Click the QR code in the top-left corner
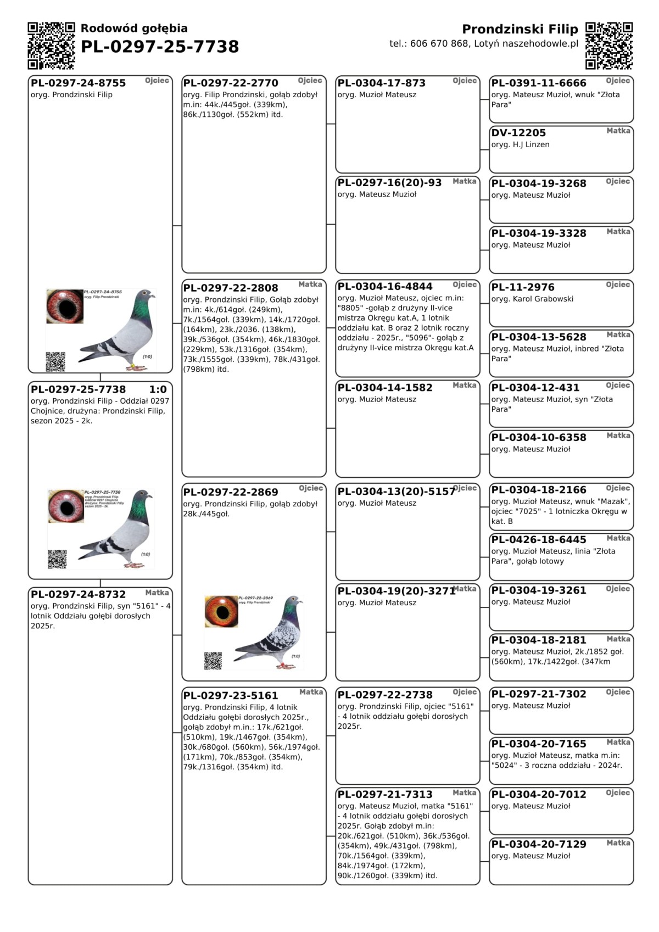51,46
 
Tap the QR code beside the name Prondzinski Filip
609,46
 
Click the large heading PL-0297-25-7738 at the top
160,47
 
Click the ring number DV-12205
518,133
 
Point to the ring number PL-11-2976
523,287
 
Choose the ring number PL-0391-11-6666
539,83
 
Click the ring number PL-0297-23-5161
231,695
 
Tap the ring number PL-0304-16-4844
385,287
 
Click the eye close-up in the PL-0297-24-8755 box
64,306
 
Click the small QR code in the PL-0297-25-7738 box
57,559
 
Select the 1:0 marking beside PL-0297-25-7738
158,389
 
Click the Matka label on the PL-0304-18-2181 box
618,639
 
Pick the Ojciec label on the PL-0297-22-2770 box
310,81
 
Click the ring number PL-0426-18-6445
539,540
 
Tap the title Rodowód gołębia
134,29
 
